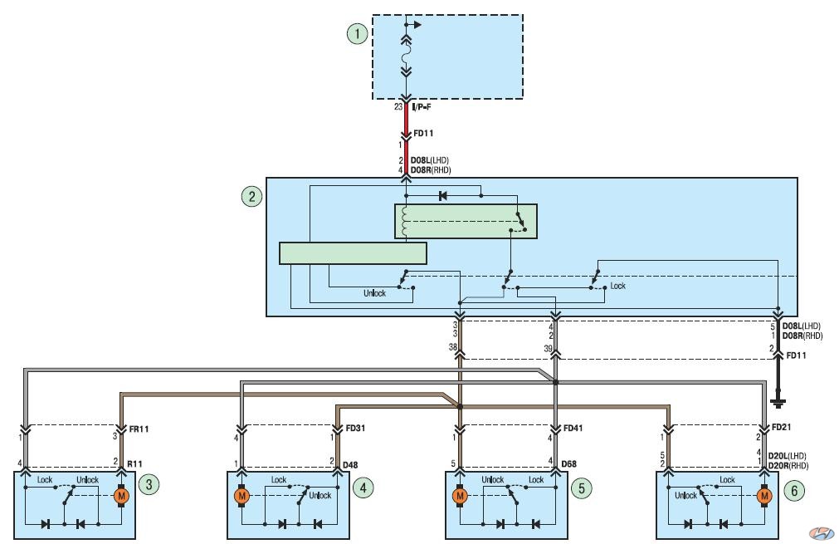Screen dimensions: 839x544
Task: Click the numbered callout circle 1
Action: pyautogui.click(x=358, y=34)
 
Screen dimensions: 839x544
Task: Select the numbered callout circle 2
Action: pyautogui.click(x=252, y=197)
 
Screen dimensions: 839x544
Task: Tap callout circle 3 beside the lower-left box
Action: pyautogui.click(x=149, y=485)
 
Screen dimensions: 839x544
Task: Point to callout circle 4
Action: pyautogui.click(x=363, y=488)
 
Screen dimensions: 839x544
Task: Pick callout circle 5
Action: pyautogui.click(x=582, y=488)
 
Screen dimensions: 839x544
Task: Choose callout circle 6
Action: pyautogui.click(x=794, y=490)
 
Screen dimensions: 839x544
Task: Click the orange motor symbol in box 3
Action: pyautogui.click(x=121, y=496)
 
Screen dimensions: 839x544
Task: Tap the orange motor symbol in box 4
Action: pyautogui.click(x=241, y=497)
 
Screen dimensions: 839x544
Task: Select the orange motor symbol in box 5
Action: pyautogui.click(x=460, y=497)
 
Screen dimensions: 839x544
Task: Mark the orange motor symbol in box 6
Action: pyautogui.click(x=764, y=497)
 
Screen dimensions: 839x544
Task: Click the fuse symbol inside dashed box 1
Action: pyautogui.click(x=406, y=53)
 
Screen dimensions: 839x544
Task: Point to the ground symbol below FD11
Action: pyautogui.click(x=778, y=403)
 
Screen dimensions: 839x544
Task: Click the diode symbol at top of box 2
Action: pyautogui.click(x=442, y=196)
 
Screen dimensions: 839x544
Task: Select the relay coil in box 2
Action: pyautogui.click(x=404, y=222)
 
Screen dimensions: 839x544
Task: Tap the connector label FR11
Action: pyautogui.click(x=139, y=429)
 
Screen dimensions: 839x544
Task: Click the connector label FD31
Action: pyautogui.click(x=355, y=429)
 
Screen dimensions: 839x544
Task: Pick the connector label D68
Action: pyautogui.click(x=568, y=463)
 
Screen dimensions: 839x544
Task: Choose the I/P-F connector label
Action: pyautogui.click(x=422, y=107)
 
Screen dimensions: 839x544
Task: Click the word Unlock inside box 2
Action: pyautogui.click(x=374, y=293)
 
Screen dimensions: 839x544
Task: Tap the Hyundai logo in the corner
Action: pyautogui.click(x=821, y=532)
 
